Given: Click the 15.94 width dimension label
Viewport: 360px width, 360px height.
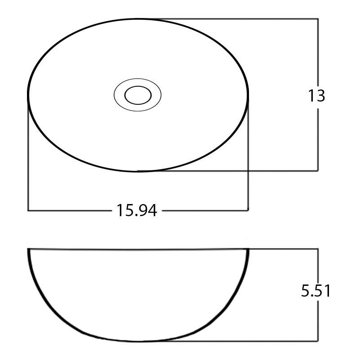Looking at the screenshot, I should pyautogui.click(x=137, y=210).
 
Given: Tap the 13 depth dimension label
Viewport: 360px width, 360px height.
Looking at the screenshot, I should pyautogui.click(x=316, y=96).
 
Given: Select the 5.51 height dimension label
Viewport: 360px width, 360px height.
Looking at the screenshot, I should pyautogui.click(x=316, y=291).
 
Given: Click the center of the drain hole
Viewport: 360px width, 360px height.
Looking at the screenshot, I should pyautogui.click(x=138, y=95).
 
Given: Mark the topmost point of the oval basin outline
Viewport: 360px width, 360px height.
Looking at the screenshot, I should pyautogui.click(x=138, y=19).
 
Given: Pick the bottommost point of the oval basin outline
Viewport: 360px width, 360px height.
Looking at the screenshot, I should pyautogui.click(x=138, y=171).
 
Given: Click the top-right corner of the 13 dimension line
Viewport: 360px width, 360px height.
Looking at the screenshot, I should pyautogui.click(x=318, y=19).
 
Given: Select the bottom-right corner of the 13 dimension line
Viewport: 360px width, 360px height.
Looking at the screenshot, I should pyautogui.click(x=318, y=171).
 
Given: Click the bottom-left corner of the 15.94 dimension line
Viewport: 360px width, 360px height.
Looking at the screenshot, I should pyautogui.click(x=28, y=210).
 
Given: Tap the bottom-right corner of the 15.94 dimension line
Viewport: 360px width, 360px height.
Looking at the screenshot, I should pyautogui.click(x=248, y=210).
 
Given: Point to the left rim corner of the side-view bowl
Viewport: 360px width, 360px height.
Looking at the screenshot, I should pyautogui.click(x=28, y=249).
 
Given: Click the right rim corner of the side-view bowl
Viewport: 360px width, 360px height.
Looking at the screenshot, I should pyautogui.click(x=249, y=249).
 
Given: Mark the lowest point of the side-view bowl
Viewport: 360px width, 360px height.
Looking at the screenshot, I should pyautogui.click(x=138, y=341).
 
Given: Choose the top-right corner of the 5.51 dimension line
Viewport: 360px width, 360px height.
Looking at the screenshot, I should pyautogui.click(x=318, y=249).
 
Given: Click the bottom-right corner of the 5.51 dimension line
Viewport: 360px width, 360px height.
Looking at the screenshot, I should pyautogui.click(x=318, y=342).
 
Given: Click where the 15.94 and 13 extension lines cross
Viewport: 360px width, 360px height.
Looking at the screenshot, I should pyautogui.click(x=248, y=171).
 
